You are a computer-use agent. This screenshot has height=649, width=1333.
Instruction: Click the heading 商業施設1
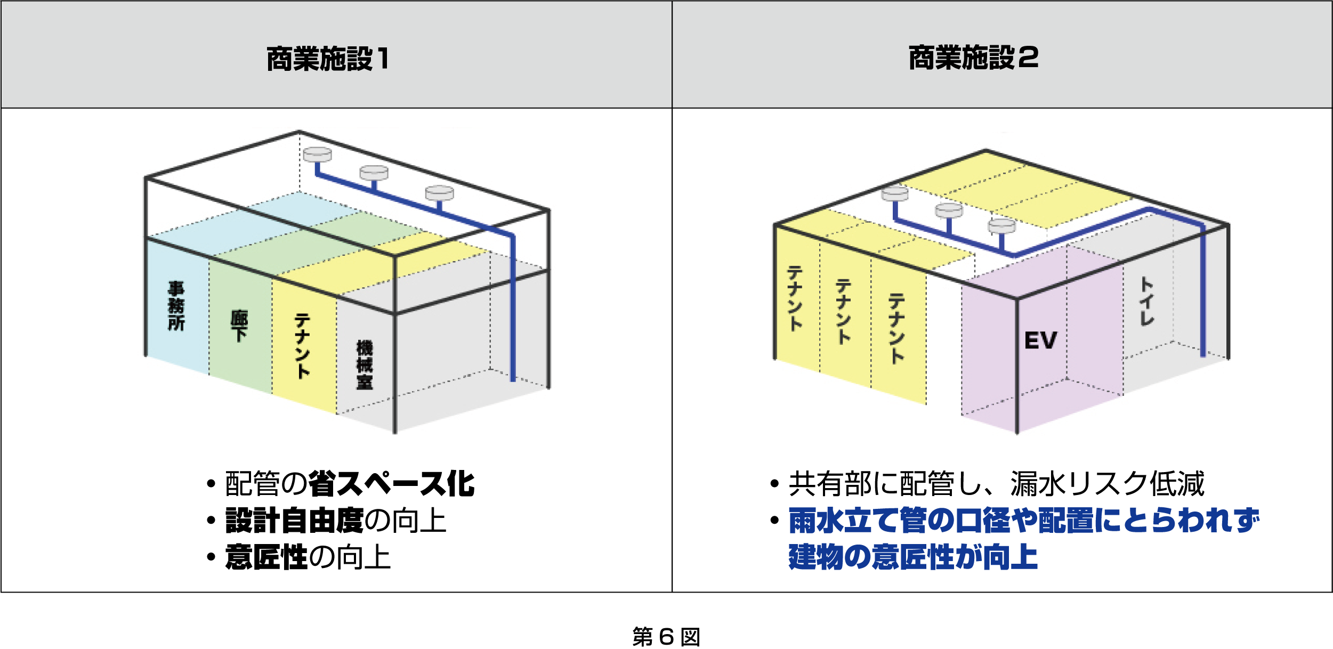point(328,59)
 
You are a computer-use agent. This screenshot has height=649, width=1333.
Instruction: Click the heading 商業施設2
point(973,58)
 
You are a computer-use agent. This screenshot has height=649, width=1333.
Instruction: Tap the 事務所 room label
point(176,306)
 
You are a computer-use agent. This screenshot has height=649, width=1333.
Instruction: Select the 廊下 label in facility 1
point(239,326)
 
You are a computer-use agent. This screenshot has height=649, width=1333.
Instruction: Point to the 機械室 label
point(365,365)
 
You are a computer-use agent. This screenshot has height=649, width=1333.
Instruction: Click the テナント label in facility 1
point(302,346)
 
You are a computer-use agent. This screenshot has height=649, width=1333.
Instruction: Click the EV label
point(1040,340)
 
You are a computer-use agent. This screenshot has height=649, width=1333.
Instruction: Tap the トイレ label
point(1146,301)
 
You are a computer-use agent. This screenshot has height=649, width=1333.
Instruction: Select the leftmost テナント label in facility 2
point(795,298)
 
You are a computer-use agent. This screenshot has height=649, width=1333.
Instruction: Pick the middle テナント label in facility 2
point(843,312)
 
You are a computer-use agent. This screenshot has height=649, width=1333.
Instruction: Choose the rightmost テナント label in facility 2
point(896,328)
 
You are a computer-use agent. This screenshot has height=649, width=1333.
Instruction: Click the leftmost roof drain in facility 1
point(317,155)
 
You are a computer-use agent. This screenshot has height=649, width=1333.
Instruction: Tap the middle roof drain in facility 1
point(374,172)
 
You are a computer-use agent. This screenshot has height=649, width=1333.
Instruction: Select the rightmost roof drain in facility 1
point(439,192)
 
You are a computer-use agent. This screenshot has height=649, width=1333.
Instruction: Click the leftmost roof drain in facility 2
point(895,194)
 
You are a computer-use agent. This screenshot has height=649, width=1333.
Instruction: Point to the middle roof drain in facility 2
point(949,210)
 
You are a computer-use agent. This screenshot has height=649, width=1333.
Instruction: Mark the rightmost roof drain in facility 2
point(1001,226)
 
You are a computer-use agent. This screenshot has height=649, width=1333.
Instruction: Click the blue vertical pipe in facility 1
point(513,309)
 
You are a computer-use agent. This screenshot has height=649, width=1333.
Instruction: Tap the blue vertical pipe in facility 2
point(1202,293)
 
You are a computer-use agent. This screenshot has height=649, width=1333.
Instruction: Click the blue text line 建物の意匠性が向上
point(912,557)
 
